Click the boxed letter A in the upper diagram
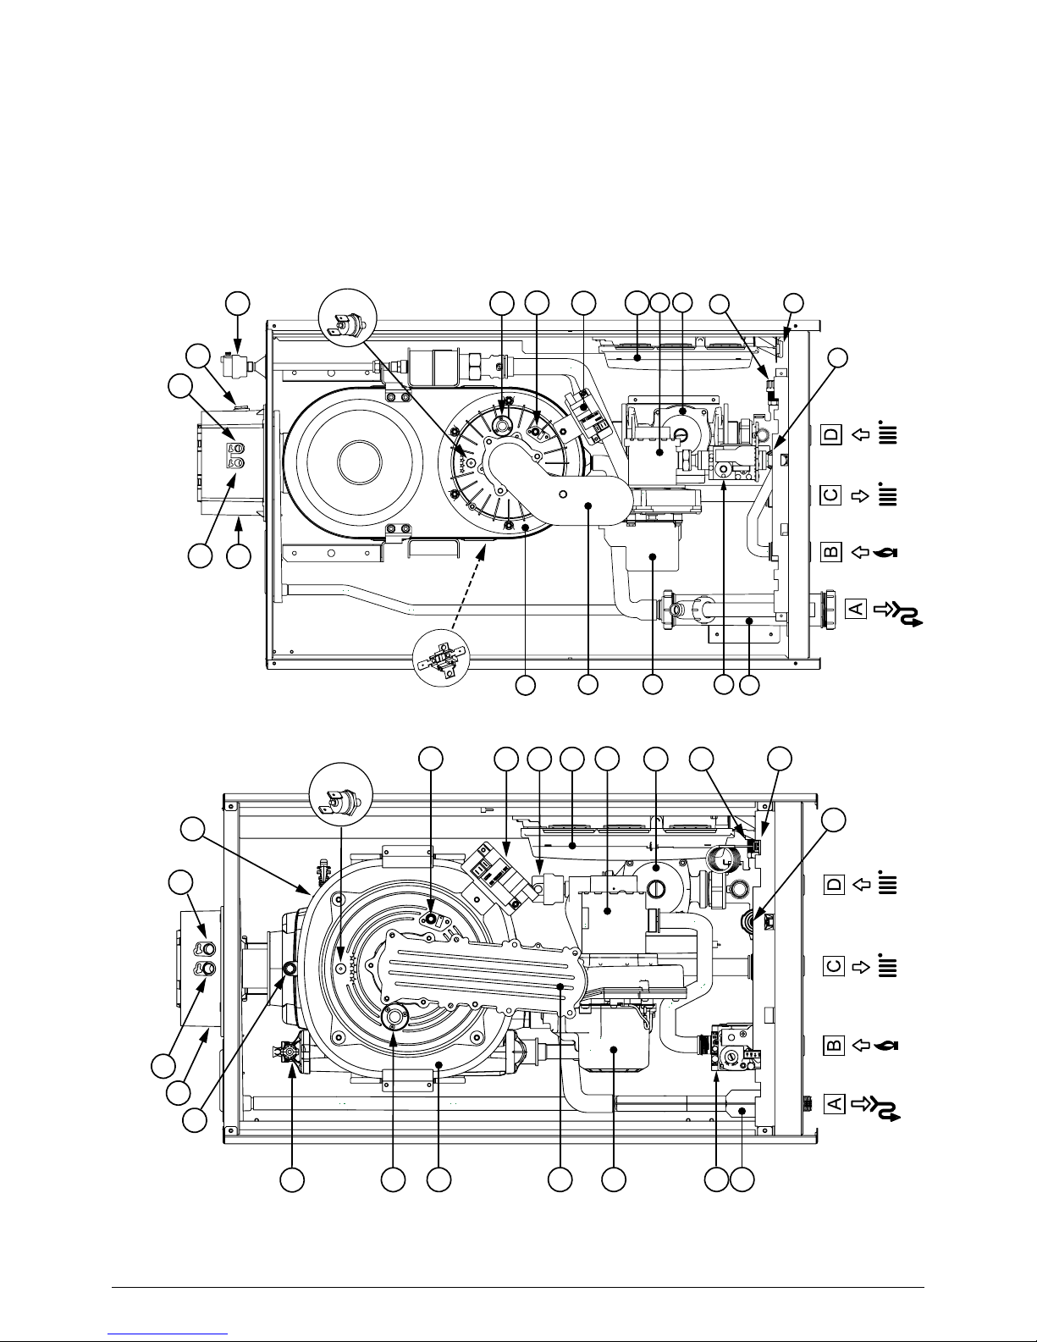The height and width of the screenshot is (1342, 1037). tap(857, 608)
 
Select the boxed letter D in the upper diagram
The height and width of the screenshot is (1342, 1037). tap(831, 435)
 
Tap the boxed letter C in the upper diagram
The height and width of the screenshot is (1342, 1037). tap(831, 495)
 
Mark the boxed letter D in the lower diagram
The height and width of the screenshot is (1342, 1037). tap(834, 885)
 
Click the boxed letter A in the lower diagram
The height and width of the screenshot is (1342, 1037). tap(834, 1103)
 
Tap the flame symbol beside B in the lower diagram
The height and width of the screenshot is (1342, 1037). tap(886, 1046)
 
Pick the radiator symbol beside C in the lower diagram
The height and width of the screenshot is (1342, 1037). tap(888, 965)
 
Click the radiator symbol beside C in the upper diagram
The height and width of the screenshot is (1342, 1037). tap(887, 494)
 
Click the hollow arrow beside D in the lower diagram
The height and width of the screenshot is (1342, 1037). tap(861, 885)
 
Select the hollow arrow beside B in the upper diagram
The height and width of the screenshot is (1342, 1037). tap(860, 552)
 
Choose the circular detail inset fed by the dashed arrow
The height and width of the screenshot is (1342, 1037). tap(441, 657)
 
